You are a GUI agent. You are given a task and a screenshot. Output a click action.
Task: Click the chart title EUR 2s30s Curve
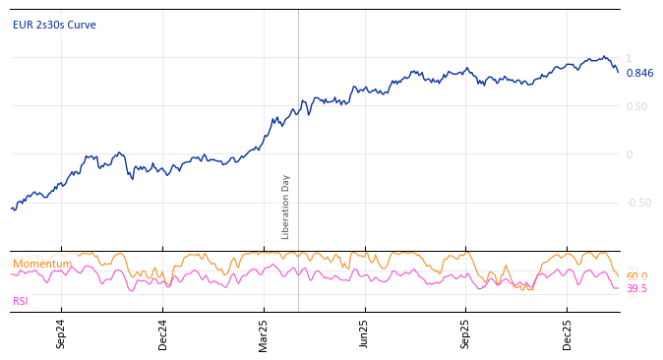[54, 25]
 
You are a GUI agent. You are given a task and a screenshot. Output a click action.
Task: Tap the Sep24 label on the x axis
[61, 334]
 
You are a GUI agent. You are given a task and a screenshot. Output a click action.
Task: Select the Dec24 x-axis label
[162, 334]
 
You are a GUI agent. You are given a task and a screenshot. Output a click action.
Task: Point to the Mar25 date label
[264, 334]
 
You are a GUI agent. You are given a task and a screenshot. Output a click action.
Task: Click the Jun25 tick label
[365, 334]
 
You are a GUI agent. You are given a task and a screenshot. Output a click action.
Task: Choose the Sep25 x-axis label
[466, 334]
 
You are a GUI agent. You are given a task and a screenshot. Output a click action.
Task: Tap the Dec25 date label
[568, 334]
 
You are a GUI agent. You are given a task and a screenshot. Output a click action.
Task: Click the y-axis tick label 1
[629, 59]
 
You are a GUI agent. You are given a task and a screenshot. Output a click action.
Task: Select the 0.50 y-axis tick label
[636, 106]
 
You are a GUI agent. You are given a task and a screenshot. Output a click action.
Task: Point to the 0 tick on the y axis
[630, 154]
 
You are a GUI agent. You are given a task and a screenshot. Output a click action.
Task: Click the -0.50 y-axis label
[638, 203]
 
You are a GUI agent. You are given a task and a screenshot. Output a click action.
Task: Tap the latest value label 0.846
[639, 73]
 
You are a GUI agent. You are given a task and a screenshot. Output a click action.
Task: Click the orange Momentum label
[42, 264]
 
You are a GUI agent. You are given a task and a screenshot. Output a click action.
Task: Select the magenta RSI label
[21, 301]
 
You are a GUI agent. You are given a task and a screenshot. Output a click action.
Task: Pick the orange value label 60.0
[636, 276]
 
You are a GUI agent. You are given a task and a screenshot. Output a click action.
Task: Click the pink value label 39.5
[636, 288]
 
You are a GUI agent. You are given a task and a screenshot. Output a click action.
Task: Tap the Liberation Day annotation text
[286, 207]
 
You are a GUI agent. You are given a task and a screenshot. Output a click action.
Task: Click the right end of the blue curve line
[619, 72]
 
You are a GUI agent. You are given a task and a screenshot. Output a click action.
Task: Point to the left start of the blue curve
[11, 208]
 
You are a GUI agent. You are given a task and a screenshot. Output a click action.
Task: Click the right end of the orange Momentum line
[619, 276]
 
